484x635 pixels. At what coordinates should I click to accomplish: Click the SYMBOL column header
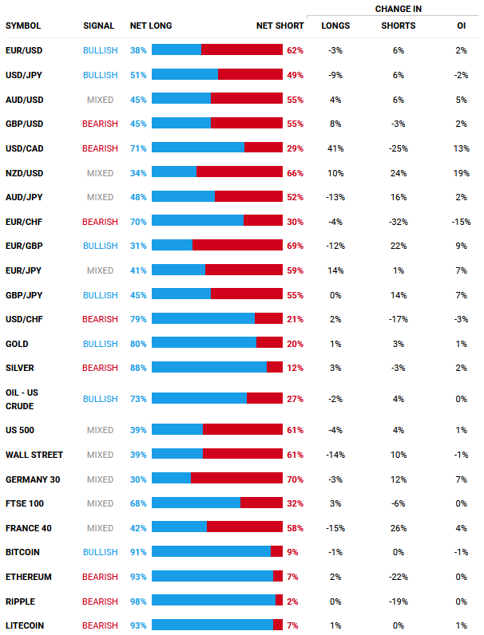click(23, 26)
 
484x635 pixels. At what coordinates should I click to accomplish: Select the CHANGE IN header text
click(399, 9)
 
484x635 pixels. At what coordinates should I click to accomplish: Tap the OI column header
click(462, 26)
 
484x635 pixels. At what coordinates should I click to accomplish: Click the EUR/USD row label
click(25, 50)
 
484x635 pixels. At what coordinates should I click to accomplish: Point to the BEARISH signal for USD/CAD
click(100, 148)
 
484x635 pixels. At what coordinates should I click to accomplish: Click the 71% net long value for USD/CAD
click(138, 148)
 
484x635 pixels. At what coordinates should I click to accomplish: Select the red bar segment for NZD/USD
click(239, 172)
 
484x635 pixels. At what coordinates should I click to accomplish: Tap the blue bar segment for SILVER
click(208, 368)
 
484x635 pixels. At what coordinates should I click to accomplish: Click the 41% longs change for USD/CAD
click(335, 148)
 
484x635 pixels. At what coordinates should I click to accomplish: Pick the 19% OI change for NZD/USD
click(462, 172)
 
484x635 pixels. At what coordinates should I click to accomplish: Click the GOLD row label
click(17, 344)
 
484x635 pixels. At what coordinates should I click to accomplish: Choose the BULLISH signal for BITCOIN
click(100, 552)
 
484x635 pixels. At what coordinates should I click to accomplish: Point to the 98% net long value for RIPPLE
click(138, 601)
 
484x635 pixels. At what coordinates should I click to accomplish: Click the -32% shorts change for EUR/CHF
click(399, 222)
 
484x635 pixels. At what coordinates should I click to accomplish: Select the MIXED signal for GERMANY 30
click(100, 479)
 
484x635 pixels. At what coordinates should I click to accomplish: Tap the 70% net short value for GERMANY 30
click(295, 479)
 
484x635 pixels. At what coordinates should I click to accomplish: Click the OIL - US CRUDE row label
click(22, 399)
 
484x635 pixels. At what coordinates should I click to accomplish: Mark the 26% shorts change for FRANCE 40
click(399, 528)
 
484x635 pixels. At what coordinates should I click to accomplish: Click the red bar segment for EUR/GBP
click(237, 246)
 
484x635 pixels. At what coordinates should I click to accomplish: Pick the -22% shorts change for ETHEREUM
click(399, 577)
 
